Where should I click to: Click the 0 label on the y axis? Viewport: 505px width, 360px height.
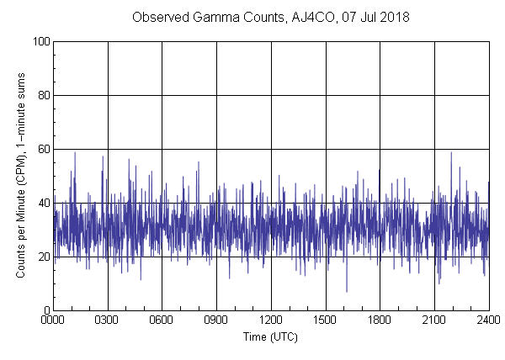pyautogui.click(x=47, y=310)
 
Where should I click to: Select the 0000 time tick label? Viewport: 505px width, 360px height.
pyautogui.click(x=54, y=320)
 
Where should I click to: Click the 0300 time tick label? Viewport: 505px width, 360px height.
pyautogui.click(x=108, y=320)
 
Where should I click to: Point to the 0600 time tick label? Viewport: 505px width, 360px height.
pyautogui.click(x=162, y=320)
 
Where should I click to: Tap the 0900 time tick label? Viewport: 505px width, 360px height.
pyautogui.click(x=217, y=320)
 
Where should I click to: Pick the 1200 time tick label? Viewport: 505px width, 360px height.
pyautogui.click(x=271, y=320)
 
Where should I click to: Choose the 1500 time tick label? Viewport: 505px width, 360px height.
pyautogui.click(x=326, y=320)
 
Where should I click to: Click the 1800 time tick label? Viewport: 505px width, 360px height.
pyautogui.click(x=380, y=320)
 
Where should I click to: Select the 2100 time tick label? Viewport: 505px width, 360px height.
pyautogui.click(x=434, y=320)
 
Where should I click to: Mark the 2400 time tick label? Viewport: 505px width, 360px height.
pyautogui.click(x=488, y=320)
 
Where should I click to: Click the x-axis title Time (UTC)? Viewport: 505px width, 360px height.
pyautogui.click(x=271, y=336)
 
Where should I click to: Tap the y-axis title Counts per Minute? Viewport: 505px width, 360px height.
pyautogui.click(x=20, y=176)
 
